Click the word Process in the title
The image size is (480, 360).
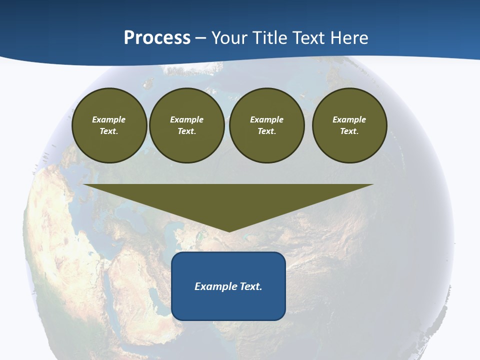(157, 38)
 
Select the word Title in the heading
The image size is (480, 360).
(272, 38)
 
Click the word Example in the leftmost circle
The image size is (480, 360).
(109, 119)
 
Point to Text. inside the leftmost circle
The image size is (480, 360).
(109, 131)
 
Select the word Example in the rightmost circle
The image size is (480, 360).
(349, 119)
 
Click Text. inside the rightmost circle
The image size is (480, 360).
(349, 131)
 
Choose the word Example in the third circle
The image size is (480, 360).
(267, 119)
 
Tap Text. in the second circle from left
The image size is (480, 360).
(187, 131)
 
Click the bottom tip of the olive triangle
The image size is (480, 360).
(229, 230)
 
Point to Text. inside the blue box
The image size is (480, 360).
(250, 286)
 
